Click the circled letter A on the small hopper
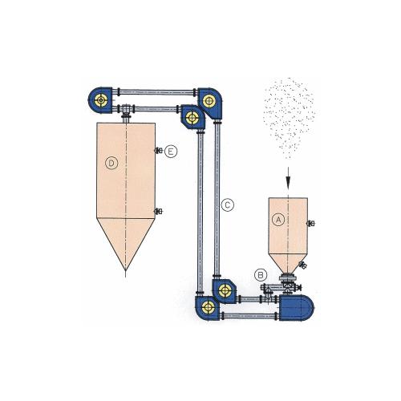pos(278,220)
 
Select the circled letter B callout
pos(261,275)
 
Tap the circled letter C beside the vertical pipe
pos(228,205)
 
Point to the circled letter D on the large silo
pos(111,163)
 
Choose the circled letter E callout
pos(171,152)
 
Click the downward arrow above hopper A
pos(288,179)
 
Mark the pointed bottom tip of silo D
pos(126,270)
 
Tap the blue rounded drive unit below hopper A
pos(296,307)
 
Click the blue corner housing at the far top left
pos(100,100)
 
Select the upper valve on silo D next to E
pos(159,151)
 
